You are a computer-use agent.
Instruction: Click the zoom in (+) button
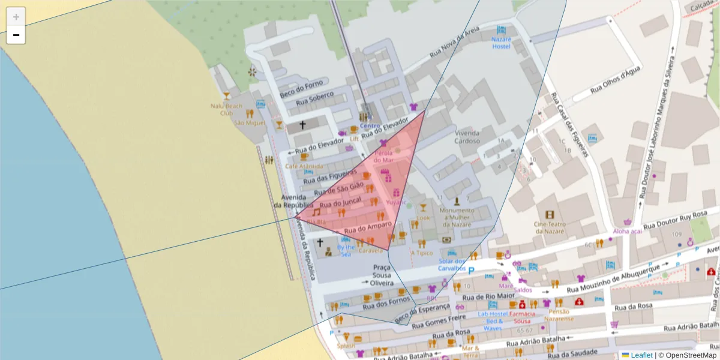point(16,17)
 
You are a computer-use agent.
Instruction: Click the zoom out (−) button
point(16,35)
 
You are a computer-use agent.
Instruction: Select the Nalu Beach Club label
point(226,109)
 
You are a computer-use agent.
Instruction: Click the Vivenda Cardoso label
point(467,137)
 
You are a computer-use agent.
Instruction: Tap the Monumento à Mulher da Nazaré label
point(461,217)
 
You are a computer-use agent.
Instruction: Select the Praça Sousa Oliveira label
point(382,275)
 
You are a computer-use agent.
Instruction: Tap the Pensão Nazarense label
point(557,315)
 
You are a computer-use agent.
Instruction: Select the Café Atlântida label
point(304,166)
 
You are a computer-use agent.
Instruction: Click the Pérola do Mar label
point(383,156)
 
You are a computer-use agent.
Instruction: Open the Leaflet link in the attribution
point(641,355)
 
